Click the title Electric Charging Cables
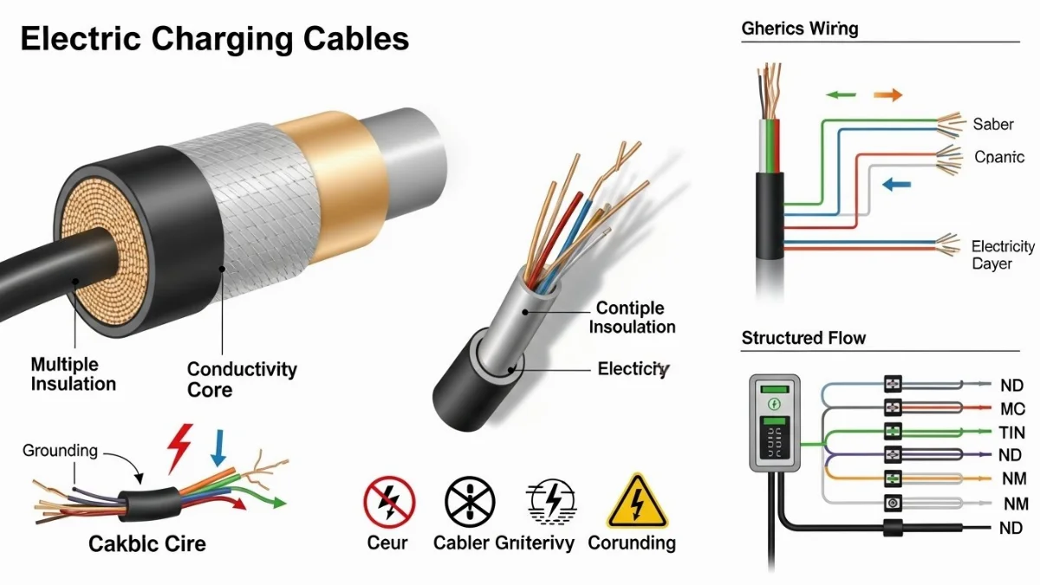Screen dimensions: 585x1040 pyautogui.click(x=214, y=39)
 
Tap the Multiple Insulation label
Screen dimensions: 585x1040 pyautogui.click(x=73, y=374)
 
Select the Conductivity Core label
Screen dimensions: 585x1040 pyautogui.click(x=242, y=380)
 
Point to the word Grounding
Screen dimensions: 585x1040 pyautogui.click(x=60, y=450)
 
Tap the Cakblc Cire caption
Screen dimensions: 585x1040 pyautogui.click(x=147, y=543)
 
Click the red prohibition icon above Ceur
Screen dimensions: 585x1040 pyautogui.click(x=387, y=502)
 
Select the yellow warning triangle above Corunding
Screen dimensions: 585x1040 pyautogui.click(x=632, y=502)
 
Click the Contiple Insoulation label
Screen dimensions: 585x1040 pyautogui.click(x=632, y=317)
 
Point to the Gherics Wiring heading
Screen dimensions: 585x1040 pyautogui.click(x=799, y=29)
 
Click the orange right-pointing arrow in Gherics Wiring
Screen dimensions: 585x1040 pyautogui.click(x=886, y=94)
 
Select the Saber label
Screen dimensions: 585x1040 pyautogui.click(x=992, y=124)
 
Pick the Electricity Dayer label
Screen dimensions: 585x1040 pyautogui.click(x=1003, y=255)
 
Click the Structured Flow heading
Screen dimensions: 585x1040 pyautogui.click(x=803, y=338)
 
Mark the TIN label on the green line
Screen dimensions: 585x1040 pyautogui.click(x=1011, y=432)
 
